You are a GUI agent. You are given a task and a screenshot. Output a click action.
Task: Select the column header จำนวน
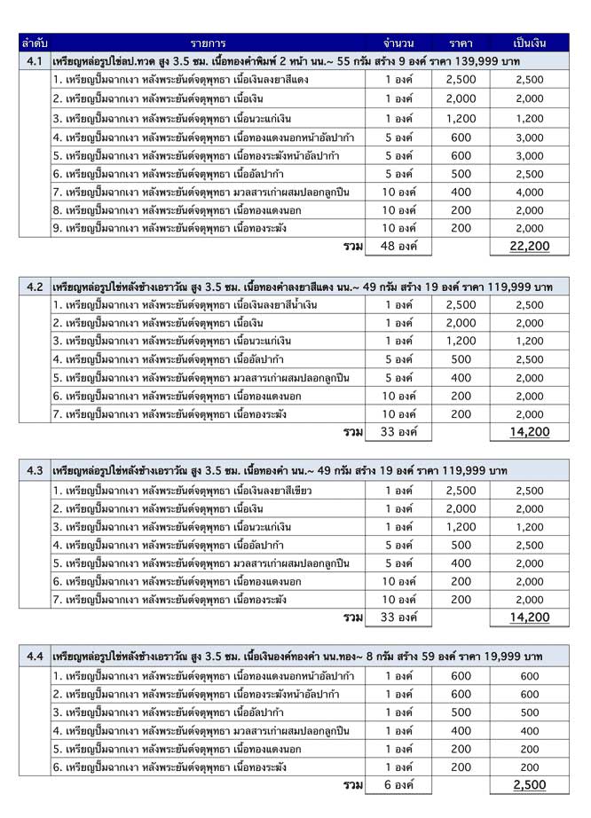pyautogui.click(x=398, y=43)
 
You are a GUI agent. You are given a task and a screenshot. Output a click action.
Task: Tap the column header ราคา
pyautogui.click(x=461, y=43)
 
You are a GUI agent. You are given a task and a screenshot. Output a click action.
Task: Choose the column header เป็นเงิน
pyautogui.click(x=530, y=43)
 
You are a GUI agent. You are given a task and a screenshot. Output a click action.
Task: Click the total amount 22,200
pyautogui.click(x=530, y=246)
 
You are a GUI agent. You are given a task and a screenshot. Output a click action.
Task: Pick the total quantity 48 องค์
pyautogui.click(x=398, y=246)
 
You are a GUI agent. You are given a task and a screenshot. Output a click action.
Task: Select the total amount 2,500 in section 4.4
pyautogui.click(x=530, y=785)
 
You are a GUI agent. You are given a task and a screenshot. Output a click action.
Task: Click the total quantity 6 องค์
pyautogui.click(x=398, y=785)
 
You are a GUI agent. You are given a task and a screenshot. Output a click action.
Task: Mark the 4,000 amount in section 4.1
pyautogui.click(x=530, y=191)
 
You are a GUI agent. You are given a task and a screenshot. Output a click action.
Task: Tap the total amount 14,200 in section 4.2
pyautogui.click(x=530, y=432)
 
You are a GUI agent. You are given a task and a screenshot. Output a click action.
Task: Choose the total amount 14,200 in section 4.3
pyautogui.click(x=530, y=617)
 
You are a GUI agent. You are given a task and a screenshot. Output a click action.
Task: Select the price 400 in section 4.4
pyautogui.click(x=461, y=730)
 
